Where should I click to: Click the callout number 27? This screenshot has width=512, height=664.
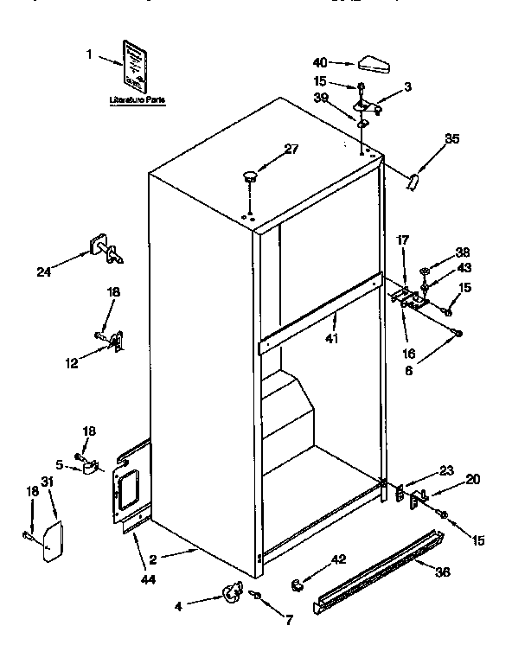point(291,148)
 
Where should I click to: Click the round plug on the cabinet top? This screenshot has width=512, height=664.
point(251,176)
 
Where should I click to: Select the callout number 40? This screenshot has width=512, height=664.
point(320,62)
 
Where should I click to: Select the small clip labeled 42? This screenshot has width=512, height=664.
point(296,585)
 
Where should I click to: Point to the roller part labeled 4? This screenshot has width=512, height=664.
point(231,591)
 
